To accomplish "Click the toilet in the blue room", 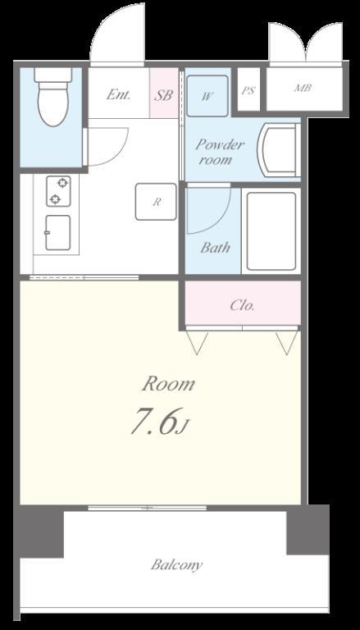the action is [x=53, y=97].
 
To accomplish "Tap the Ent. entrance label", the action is [x=119, y=95].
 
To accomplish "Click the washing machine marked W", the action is [x=207, y=96].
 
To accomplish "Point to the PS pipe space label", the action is [x=248, y=91].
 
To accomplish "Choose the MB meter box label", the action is [x=303, y=88].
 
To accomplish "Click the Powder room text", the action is [x=220, y=153].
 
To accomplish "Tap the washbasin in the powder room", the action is [x=280, y=150].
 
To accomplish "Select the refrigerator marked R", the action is [x=156, y=202].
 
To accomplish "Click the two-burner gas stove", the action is [x=59, y=191].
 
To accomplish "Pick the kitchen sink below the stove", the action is [x=58, y=232].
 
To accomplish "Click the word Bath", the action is [x=216, y=247].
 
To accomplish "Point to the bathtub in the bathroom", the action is [x=271, y=231].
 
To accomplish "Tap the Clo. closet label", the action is [x=242, y=306].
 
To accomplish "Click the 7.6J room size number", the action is [x=159, y=422].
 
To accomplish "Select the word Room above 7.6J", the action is [x=168, y=385].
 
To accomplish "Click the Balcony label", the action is [x=177, y=565].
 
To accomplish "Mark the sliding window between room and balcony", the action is [x=148, y=508].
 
